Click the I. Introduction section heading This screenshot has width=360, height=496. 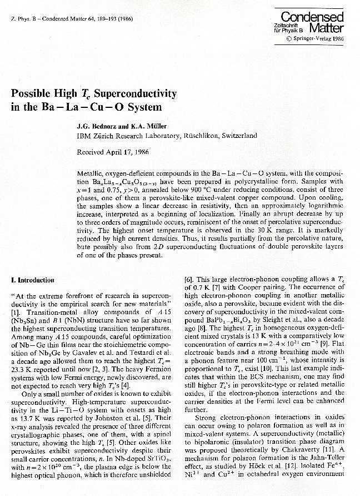tap(33, 280)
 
